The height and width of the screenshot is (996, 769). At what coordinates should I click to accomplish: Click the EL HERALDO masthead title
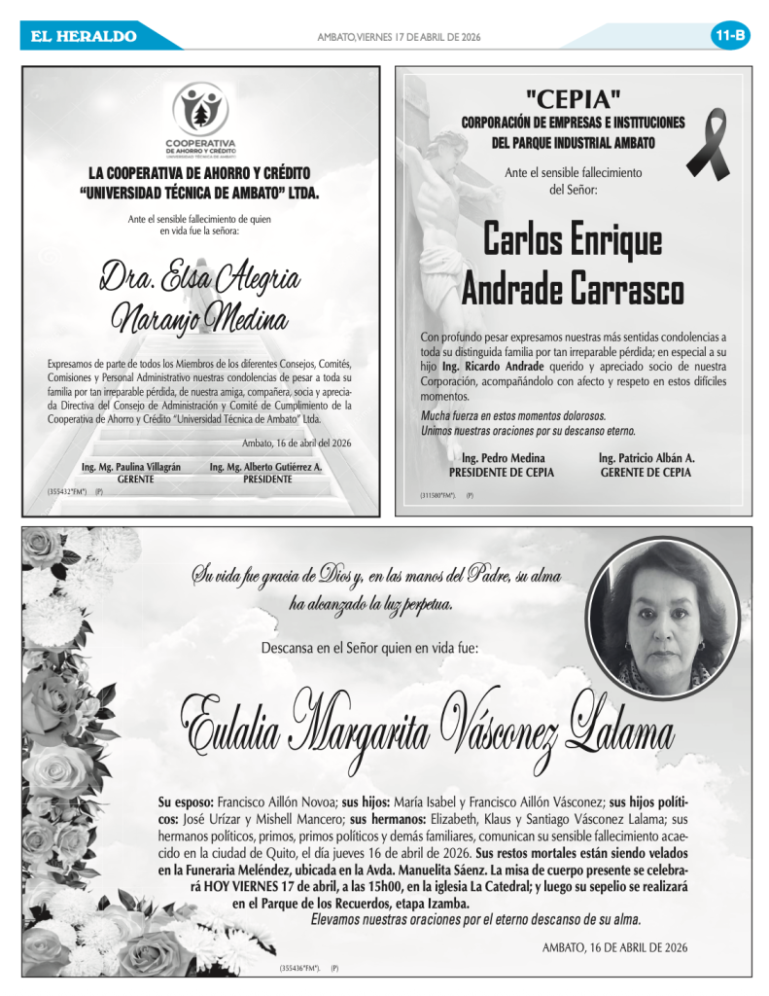(x=84, y=37)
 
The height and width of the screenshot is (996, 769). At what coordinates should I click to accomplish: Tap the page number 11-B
(x=729, y=36)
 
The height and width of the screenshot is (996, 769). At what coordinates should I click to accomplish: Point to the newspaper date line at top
(x=399, y=37)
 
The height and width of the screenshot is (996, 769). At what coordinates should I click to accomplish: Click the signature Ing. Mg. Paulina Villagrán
(x=131, y=467)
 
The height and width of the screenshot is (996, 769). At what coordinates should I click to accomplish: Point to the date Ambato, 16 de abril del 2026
(x=297, y=443)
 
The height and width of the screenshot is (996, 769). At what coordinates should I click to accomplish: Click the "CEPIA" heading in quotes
(x=573, y=97)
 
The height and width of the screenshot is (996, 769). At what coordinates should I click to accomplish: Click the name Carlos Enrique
(x=573, y=240)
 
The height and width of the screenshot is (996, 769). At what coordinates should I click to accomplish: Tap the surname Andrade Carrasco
(x=573, y=288)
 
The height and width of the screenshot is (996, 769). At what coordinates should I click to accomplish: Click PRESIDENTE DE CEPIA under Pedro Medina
(x=503, y=473)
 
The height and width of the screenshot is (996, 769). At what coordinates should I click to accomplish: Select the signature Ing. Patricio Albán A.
(x=646, y=458)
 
